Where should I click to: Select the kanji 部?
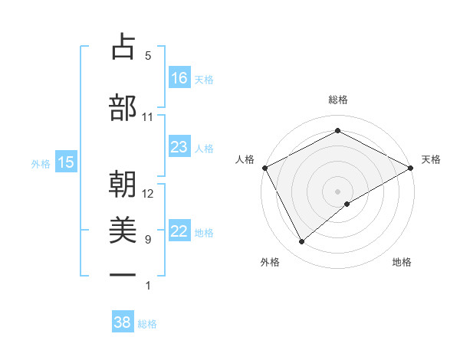coord(123,108)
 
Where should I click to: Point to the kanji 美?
coord(123,230)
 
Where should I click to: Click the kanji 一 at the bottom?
coord(123,274)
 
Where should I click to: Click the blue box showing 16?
coord(179,77)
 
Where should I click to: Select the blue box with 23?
coord(179,147)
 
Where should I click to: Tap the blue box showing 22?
coord(179,231)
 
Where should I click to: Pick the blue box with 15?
coord(66,162)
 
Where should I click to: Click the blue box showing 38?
coord(123,322)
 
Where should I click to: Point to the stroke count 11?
coord(148,117)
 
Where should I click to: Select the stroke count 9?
coord(148,240)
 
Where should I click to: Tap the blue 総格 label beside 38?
coord(147,324)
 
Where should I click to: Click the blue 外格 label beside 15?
coord(41,163)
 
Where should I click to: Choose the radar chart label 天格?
coord(431,159)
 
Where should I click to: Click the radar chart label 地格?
coord(402,262)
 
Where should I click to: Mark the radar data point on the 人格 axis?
coord(264,167)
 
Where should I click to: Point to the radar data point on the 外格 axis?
coord(302,242)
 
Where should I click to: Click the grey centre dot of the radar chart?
coord(338,191)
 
